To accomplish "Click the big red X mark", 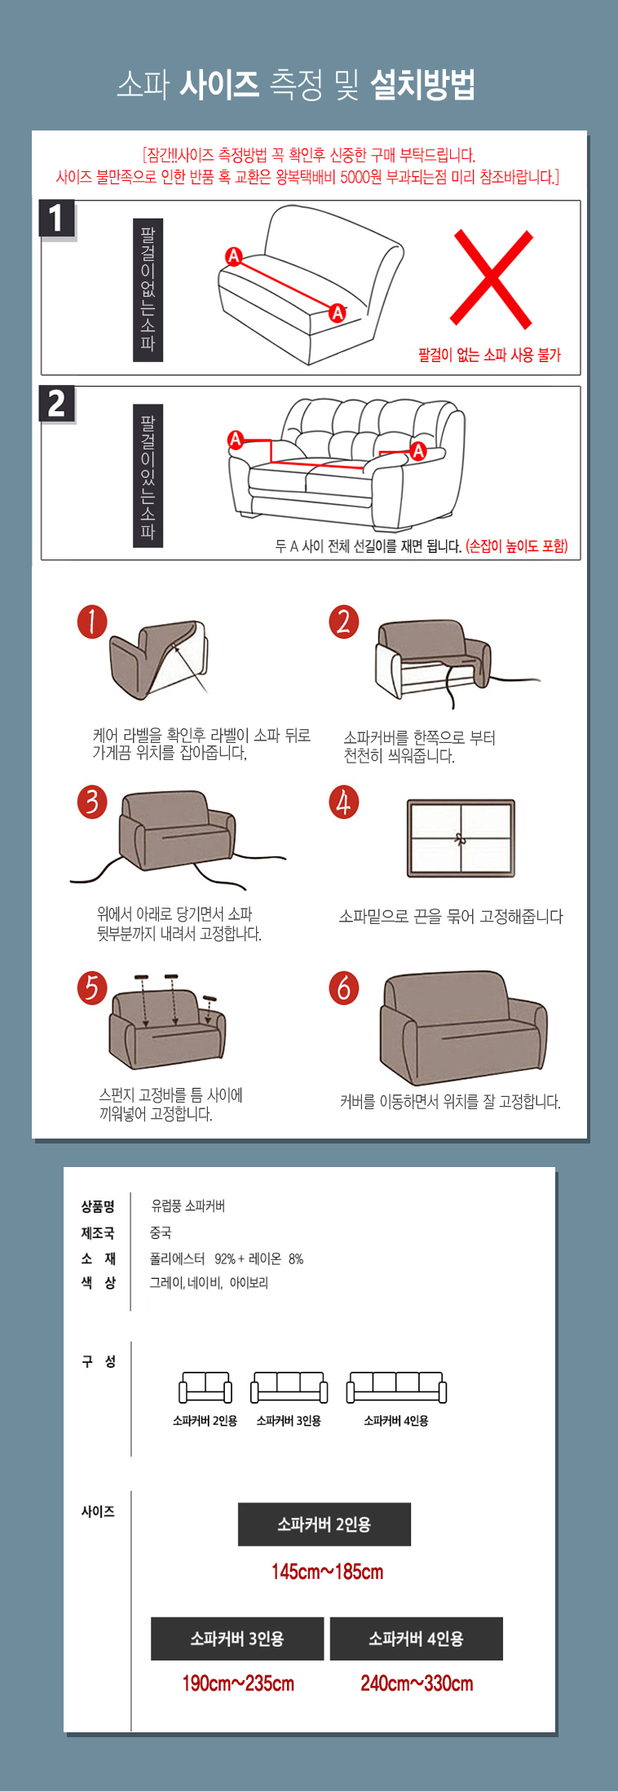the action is (491, 279).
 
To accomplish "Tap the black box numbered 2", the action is (56, 404).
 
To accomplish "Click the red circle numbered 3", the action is (92, 802).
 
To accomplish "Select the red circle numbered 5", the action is (92, 988).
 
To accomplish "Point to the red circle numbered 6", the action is (343, 988).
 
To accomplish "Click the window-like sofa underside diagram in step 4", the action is (461, 838).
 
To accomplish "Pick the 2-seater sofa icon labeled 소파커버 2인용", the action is (205, 1387).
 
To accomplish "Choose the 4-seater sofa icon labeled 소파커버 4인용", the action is (396, 1387).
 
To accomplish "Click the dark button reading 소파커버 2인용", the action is (324, 1524).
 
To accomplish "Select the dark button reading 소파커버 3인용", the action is (237, 1638).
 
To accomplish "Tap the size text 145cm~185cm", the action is (328, 1572).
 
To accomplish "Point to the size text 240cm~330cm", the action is (417, 1683).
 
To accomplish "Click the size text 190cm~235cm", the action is (238, 1683).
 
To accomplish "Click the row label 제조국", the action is (98, 1232).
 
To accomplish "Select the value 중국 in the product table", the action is (161, 1232).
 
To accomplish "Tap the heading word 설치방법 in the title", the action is (422, 85).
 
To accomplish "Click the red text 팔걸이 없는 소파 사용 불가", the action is (489, 355).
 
